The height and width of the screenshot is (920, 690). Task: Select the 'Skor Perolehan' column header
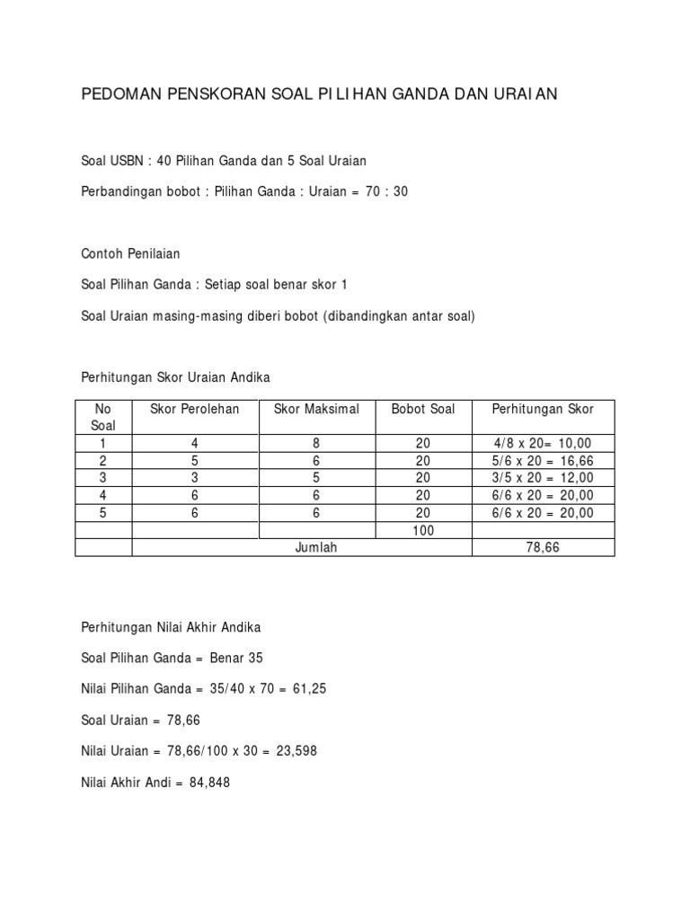[x=195, y=409]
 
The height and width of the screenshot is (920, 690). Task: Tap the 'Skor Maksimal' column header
[x=315, y=409]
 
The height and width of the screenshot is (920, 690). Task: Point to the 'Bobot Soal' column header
[x=423, y=409]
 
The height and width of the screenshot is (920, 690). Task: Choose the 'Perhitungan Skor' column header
[x=543, y=409]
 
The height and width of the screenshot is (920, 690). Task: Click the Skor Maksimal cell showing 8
[x=315, y=443]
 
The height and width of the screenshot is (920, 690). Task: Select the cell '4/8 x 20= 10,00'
[x=543, y=443]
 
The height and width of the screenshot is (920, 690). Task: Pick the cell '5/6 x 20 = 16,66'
[x=543, y=461]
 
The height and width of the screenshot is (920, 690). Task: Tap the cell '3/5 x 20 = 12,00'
[x=543, y=478]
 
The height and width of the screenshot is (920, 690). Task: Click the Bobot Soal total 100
[x=423, y=530]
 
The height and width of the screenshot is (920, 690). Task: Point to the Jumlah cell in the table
[x=315, y=547]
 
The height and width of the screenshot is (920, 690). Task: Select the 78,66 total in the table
[x=543, y=547]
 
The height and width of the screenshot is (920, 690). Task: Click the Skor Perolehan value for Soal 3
[x=195, y=478]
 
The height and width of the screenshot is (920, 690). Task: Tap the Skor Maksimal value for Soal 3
[x=315, y=478]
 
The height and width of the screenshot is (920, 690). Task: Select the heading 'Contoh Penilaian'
[x=130, y=254]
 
